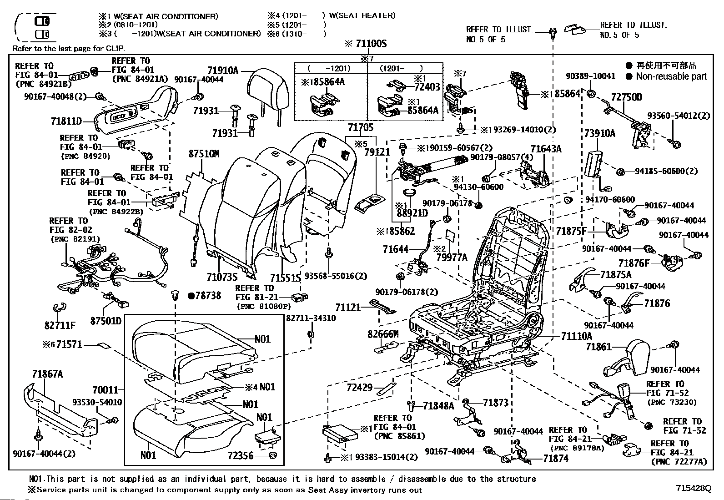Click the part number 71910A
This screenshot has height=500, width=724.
click(222, 71)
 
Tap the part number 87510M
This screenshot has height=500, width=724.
click(204, 154)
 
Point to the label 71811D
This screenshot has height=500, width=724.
click(66, 121)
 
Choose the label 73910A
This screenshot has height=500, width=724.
click(599, 133)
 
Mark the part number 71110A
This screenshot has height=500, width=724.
click(576, 336)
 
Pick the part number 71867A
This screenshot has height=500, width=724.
click(47, 374)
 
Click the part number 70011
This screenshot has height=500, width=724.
click(105, 390)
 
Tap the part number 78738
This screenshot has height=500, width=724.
click(208, 296)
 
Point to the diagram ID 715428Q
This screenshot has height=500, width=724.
click(693, 488)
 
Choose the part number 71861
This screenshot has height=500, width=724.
click(598, 347)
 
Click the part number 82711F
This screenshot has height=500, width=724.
click(60, 325)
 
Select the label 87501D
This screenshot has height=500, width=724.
click(106, 321)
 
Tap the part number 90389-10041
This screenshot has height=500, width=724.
click(590, 76)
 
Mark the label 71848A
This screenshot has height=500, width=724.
click(438, 405)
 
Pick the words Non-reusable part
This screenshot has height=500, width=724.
click(671, 76)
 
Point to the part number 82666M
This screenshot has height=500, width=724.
click(383, 334)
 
